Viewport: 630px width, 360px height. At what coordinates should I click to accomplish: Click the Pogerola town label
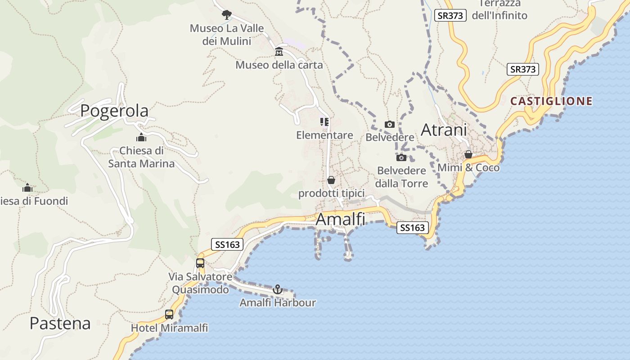tap(114, 111)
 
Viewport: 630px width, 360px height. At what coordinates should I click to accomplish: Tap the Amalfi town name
tap(340, 219)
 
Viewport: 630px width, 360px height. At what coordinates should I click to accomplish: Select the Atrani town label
tap(444, 130)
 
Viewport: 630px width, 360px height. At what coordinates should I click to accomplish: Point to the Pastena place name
tap(60, 323)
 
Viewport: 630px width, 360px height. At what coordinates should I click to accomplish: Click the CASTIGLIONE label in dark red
tap(551, 101)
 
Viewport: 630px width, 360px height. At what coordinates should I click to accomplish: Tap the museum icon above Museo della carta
tap(279, 51)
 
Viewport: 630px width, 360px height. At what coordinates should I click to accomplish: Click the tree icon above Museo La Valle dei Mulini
tap(226, 14)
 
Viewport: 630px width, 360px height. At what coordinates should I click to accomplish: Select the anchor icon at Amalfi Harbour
tap(278, 289)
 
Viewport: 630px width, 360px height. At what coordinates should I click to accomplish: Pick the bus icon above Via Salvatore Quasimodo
tap(200, 263)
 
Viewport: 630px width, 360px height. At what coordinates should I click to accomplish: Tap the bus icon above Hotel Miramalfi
tap(169, 315)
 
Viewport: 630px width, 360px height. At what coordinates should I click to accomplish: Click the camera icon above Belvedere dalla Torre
tap(401, 157)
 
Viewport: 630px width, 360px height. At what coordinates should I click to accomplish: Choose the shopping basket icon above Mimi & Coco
tap(468, 154)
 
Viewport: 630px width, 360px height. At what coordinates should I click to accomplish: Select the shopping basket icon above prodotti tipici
tap(331, 180)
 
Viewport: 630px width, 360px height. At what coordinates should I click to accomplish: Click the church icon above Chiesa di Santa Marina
tap(141, 137)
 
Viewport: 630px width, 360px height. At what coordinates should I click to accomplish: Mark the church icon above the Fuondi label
tap(27, 188)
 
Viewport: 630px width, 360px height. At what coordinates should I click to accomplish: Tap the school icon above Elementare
tap(324, 122)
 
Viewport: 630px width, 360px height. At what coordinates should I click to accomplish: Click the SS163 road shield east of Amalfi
tap(412, 228)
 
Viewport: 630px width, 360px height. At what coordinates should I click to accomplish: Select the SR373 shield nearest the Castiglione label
tap(523, 69)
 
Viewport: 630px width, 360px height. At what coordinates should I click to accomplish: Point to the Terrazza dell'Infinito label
tap(499, 9)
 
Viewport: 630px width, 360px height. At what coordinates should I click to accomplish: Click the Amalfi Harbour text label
tap(277, 303)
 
